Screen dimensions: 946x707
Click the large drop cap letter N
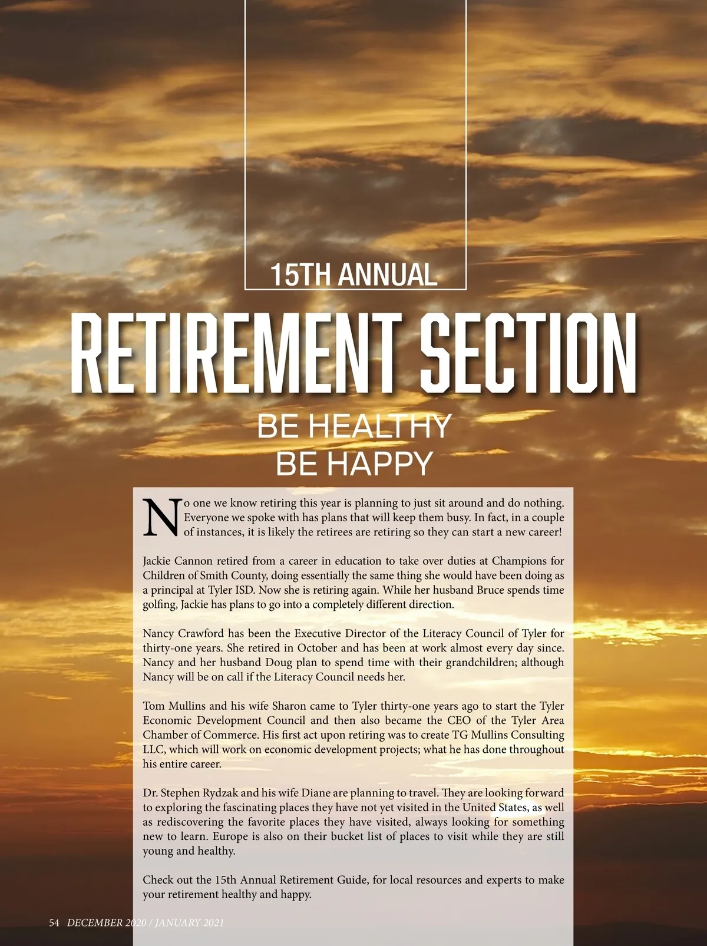[161, 518]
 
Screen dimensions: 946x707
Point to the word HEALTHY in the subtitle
[380, 426]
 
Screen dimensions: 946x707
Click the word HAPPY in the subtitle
[380, 464]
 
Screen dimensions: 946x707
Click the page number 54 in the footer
[54, 922]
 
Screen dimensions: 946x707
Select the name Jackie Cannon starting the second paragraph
[177, 561]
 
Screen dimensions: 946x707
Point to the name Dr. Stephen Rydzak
[190, 792]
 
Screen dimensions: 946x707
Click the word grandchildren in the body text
[496, 662]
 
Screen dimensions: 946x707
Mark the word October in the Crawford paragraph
[318, 648]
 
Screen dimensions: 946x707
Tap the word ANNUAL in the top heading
[388, 275]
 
